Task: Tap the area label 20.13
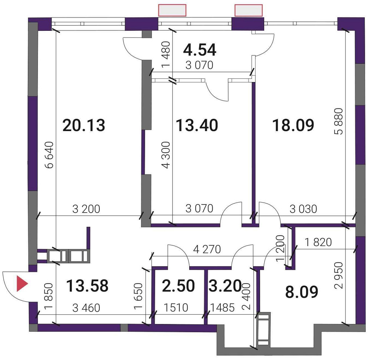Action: pos(84,125)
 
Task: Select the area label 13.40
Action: pos(197,125)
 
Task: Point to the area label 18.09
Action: pos(293,125)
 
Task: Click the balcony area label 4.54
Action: pos(200,49)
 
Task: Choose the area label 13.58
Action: pos(87,286)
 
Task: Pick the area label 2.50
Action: pos(178,286)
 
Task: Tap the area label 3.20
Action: pos(225,286)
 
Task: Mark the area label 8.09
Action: pos(302,292)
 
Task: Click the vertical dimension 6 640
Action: pos(50,155)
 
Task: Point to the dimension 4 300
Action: pos(167,155)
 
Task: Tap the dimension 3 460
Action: pos(86,308)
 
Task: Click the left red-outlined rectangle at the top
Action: pos(172,10)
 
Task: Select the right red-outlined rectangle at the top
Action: pos(249,10)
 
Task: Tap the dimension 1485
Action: pos(223,308)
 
